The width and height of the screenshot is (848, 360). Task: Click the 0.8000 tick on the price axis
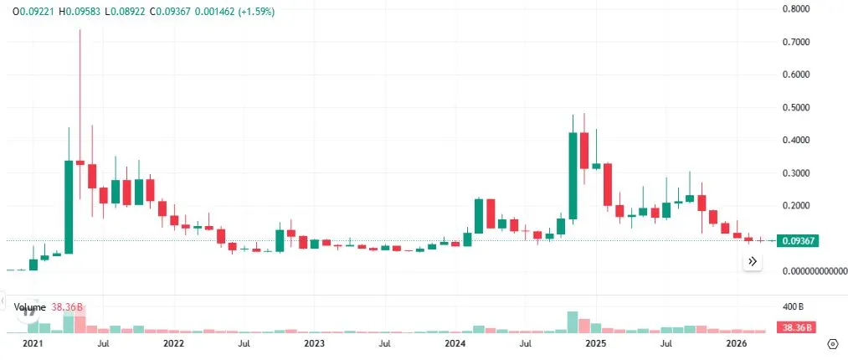796,9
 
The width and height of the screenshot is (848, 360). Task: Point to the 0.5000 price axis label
796,108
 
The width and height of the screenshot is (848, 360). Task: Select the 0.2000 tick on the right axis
796,206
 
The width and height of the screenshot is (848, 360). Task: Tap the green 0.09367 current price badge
797,241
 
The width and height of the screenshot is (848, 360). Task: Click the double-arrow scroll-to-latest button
753,261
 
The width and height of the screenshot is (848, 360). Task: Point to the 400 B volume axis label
793,307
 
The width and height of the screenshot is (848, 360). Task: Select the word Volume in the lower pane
28,307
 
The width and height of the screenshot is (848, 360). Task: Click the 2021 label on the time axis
33,343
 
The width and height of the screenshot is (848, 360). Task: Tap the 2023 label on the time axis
314,343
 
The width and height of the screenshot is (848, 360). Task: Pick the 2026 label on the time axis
736,343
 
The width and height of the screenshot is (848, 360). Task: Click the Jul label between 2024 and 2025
525,343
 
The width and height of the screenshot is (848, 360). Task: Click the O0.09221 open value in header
28,13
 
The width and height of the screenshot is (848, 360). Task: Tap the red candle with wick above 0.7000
80,162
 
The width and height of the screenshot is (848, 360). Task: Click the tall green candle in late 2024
573,176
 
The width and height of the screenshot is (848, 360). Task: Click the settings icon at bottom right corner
832,343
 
